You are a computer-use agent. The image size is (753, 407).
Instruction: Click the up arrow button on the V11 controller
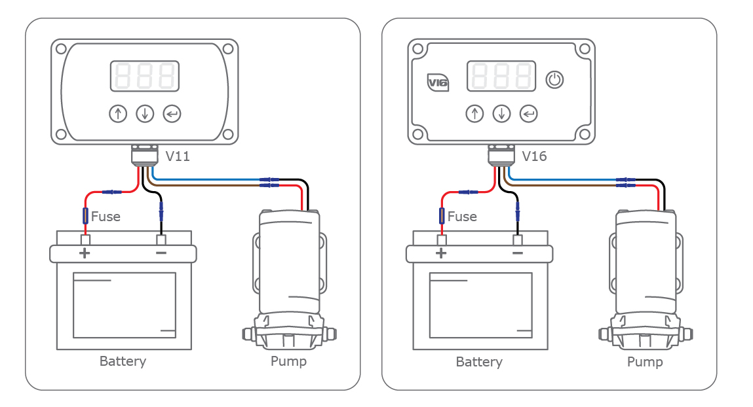click(x=117, y=114)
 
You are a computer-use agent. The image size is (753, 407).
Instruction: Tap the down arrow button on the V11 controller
click(x=144, y=114)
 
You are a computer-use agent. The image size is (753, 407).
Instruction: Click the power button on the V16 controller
click(x=554, y=80)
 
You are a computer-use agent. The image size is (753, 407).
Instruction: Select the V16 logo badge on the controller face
click(x=437, y=82)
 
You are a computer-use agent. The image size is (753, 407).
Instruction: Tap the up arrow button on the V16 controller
click(x=474, y=114)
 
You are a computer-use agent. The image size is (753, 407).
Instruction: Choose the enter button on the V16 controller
click(x=528, y=114)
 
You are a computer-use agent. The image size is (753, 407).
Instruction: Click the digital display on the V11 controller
click(x=144, y=76)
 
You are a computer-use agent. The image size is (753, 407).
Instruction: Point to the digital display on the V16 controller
click(x=501, y=76)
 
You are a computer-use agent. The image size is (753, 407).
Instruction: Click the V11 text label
click(x=178, y=157)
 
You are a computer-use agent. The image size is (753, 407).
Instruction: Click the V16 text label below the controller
click(x=534, y=157)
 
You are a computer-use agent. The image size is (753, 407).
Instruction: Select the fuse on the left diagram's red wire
click(x=85, y=215)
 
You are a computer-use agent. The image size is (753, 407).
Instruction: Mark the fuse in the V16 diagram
click(x=442, y=215)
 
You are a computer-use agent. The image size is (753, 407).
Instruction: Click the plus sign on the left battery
click(x=85, y=253)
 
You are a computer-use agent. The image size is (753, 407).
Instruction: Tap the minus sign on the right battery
click(x=518, y=253)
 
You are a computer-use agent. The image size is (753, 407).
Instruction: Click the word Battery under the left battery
click(x=123, y=361)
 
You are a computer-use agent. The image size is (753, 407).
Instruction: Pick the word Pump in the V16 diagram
click(x=645, y=362)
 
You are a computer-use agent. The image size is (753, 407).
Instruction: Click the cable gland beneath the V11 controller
click(x=144, y=156)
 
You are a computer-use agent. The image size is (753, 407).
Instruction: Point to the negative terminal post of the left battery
click(x=161, y=239)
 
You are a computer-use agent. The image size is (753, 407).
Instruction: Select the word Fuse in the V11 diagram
click(x=106, y=217)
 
